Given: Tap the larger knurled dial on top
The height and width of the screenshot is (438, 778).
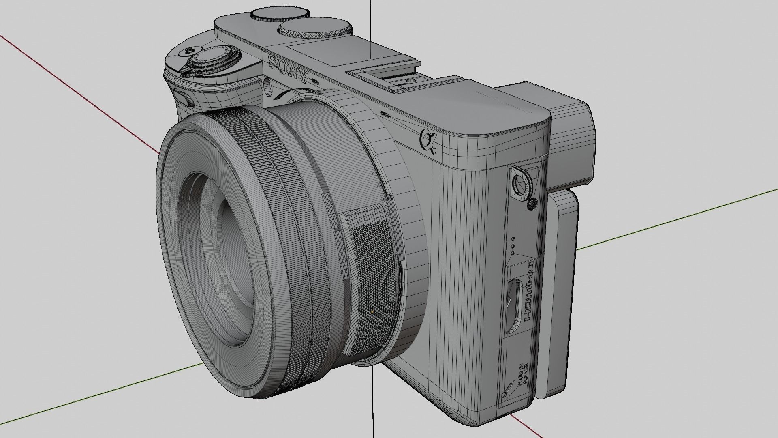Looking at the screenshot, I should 314,29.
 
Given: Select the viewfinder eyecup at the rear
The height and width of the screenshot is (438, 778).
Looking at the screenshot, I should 573,138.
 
